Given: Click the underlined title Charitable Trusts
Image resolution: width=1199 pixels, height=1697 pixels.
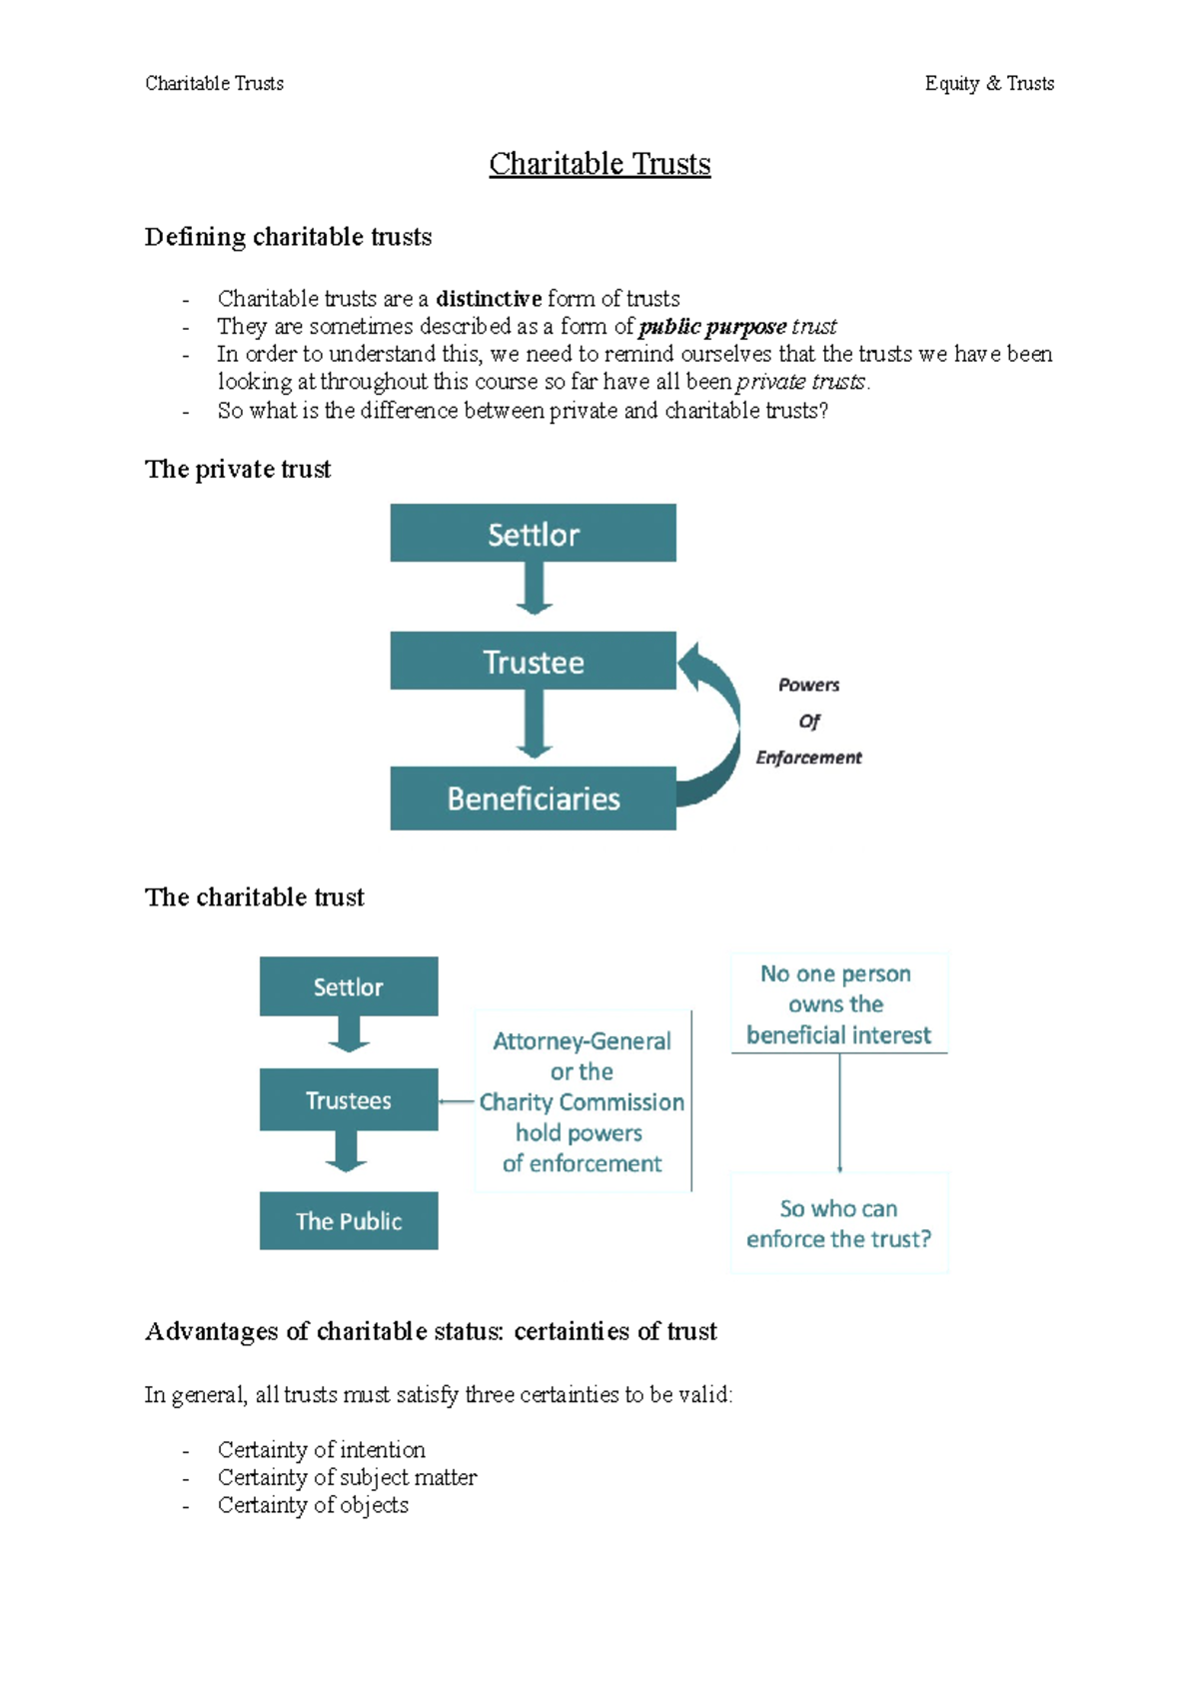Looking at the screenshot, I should point(599,164).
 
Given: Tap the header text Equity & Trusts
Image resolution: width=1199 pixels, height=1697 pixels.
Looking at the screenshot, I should point(989,84).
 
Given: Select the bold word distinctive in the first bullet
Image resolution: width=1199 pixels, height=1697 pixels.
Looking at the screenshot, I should point(489,299).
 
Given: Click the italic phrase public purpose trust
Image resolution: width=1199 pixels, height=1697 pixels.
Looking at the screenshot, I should point(737,327).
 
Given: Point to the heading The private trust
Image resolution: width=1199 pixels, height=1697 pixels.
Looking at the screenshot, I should point(238,470).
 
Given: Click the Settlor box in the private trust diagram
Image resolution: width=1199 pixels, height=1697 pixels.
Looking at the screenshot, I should point(533,534).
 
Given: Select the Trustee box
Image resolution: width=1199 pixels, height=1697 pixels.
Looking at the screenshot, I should point(533,662).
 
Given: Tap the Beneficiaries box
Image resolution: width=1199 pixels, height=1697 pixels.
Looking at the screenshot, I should point(533,799).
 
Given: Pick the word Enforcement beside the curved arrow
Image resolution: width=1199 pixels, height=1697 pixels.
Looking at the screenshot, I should point(808,758).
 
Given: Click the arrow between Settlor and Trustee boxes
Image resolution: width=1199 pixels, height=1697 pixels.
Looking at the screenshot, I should point(534,588).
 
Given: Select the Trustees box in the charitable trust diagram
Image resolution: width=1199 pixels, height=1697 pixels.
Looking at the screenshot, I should point(348,1100).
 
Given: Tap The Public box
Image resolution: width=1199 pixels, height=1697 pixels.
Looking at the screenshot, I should point(348,1221).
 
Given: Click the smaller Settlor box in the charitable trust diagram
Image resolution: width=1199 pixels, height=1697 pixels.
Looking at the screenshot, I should point(348,987).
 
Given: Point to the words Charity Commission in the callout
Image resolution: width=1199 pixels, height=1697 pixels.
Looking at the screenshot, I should point(582,1102).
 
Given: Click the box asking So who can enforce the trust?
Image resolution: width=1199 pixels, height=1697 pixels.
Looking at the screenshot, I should point(838,1223).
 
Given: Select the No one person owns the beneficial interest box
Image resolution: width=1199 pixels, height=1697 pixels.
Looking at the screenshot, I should point(838,1003).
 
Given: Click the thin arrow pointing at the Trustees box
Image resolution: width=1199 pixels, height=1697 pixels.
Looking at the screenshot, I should point(456,1101).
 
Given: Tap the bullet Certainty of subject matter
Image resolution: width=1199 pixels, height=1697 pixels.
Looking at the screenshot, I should point(347,1477).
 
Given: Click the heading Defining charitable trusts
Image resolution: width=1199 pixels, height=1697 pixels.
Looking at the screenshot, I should point(288,237).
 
